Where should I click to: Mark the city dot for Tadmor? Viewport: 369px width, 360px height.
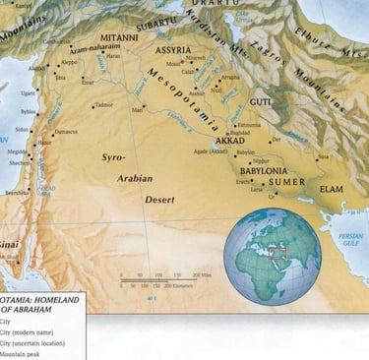(92, 106)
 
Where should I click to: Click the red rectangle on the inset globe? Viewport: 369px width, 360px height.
(277, 252)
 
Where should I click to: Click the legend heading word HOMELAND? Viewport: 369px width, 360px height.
(62, 298)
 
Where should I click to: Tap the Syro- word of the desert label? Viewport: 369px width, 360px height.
(114, 156)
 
